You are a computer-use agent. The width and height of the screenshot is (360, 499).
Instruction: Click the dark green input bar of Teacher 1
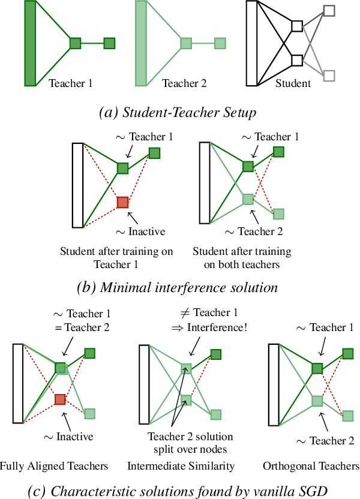(x=29, y=43)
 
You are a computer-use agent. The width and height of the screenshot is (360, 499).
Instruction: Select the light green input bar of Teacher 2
(x=141, y=43)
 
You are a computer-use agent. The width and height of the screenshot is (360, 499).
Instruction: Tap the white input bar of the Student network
(x=251, y=43)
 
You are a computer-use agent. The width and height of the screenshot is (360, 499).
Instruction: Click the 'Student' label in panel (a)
(x=293, y=83)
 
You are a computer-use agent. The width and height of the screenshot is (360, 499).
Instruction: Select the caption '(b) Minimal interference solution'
(x=178, y=287)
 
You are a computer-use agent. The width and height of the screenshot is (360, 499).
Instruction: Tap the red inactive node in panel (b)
(x=122, y=202)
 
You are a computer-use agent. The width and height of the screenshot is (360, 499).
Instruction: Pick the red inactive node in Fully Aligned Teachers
(x=61, y=399)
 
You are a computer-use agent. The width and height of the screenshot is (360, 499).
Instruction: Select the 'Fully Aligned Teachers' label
(x=54, y=466)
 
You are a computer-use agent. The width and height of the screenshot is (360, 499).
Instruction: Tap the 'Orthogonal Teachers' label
(x=311, y=466)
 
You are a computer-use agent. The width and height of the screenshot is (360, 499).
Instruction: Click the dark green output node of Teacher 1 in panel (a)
(x=109, y=43)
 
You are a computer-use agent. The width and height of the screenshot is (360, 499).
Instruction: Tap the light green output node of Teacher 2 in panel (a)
(x=220, y=43)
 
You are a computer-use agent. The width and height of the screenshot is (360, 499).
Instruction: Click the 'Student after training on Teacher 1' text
(x=116, y=258)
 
